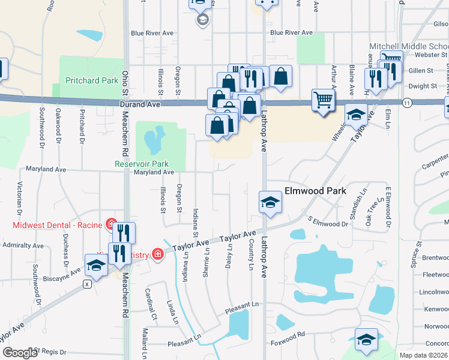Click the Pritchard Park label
tap(92, 80)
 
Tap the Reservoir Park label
tap(142, 164)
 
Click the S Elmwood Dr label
tap(328, 223)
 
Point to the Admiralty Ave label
tap(23, 245)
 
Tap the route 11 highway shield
tap(407, 103)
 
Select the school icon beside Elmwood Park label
tap(270, 202)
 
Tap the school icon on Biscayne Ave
tap(96, 265)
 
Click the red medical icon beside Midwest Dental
tap(110, 224)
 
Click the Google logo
tap(20, 352)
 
